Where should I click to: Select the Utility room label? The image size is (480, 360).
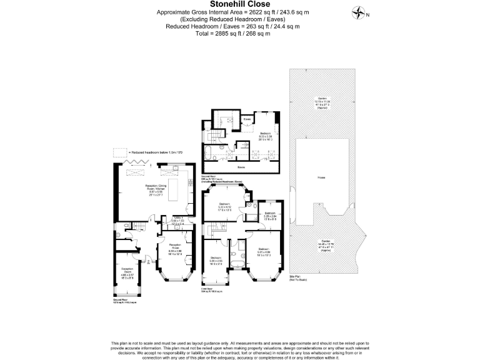click(178, 220)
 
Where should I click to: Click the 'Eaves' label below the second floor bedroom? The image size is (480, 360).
click(241, 167)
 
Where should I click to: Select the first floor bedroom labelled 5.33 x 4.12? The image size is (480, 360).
click(224, 207)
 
